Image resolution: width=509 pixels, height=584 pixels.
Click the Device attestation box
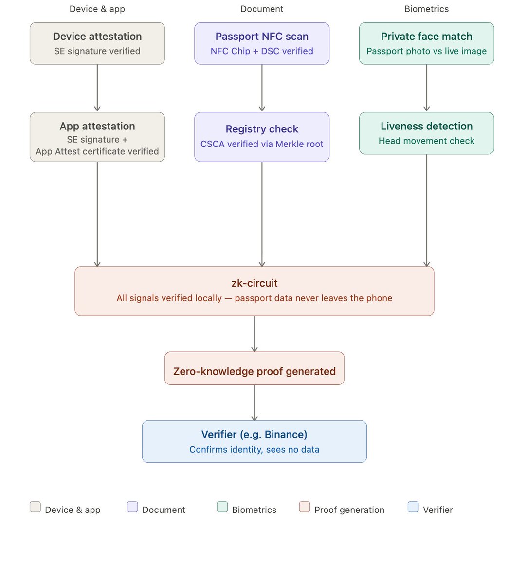tap(97, 43)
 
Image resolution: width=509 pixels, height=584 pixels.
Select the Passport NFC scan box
tap(262, 43)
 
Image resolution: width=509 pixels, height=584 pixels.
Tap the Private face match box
tap(426, 43)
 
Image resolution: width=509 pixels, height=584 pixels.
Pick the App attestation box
tap(97, 137)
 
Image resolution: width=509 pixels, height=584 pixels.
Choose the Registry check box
tap(262, 137)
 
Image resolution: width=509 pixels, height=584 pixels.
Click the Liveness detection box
tap(426, 133)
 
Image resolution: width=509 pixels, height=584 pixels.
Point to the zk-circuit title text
tap(254, 283)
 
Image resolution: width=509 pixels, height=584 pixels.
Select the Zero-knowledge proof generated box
tap(254, 368)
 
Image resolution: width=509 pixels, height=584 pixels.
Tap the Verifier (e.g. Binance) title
tap(254, 434)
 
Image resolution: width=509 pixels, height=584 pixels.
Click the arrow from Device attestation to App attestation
tap(97, 88)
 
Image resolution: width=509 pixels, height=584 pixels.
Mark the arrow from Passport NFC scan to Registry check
tap(262, 88)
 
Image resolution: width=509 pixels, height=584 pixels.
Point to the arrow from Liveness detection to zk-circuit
tap(426, 211)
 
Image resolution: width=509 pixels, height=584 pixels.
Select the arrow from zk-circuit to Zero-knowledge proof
tap(254, 334)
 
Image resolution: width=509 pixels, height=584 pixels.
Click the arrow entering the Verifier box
tap(254, 403)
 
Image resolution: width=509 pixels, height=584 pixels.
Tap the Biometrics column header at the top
tap(426, 9)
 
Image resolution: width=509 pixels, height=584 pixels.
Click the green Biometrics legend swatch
tap(222, 507)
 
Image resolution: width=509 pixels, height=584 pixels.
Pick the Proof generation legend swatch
tap(305, 507)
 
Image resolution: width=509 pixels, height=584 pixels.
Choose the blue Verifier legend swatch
tap(413, 507)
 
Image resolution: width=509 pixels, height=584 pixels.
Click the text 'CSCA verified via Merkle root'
tap(262, 144)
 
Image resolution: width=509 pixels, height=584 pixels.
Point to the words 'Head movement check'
tap(426, 141)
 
